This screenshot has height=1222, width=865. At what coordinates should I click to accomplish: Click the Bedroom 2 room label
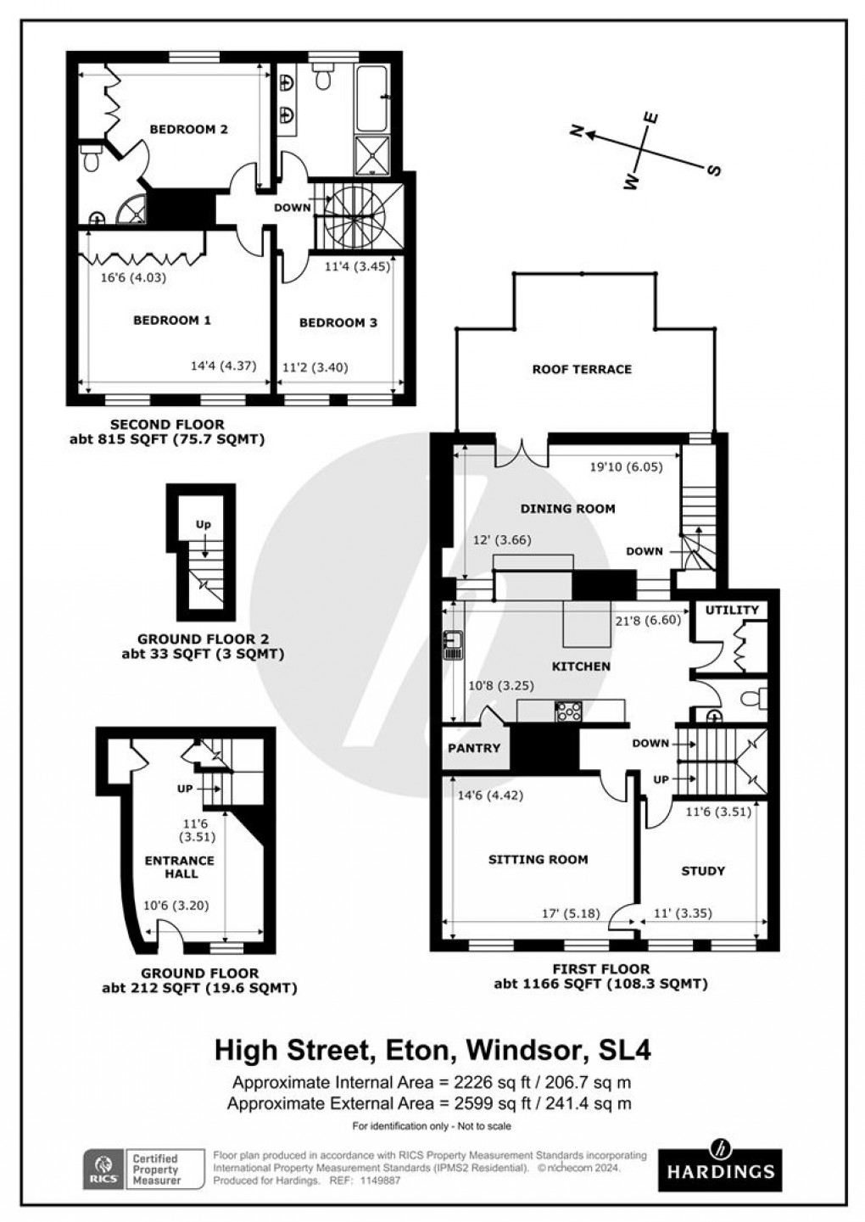[x=188, y=130]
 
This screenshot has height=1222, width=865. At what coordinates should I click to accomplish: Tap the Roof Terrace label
[x=582, y=369]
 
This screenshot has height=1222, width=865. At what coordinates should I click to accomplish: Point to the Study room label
[x=703, y=871]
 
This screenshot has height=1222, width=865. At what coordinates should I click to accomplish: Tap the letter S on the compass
[x=714, y=170]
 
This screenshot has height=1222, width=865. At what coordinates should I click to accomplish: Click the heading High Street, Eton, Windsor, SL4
[x=432, y=1051]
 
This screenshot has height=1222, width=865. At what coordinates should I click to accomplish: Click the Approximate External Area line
[x=429, y=1103]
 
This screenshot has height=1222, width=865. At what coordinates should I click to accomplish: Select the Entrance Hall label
[x=179, y=867]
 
